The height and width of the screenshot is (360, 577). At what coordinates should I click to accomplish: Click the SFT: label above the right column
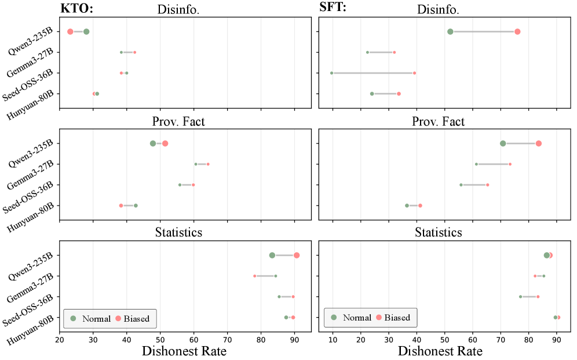click(333, 8)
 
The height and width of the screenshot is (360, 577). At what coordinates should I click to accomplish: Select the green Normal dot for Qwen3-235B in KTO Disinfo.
click(86, 31)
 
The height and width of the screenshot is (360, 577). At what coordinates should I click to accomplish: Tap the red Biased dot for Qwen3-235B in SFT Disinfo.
click(517, 31)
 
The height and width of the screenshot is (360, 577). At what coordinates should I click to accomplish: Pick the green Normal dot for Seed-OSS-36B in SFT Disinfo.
click(331, 73)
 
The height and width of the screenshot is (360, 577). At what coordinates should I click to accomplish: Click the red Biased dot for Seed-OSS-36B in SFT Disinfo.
click(414, 73)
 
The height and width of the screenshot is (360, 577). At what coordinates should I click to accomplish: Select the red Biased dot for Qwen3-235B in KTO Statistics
click(297, 255)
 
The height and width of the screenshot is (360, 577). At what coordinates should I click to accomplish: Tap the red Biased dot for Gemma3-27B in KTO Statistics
click(254, 276)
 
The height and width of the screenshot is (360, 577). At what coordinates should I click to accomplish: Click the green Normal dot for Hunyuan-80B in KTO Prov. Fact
click(136, 205)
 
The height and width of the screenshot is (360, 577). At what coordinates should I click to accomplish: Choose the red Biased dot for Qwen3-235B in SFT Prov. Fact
click(539, 143)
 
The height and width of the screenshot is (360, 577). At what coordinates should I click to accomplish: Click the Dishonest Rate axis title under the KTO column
click(185, 351)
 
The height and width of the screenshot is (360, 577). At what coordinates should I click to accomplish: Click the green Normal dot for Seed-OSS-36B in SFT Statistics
click(520, 296)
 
